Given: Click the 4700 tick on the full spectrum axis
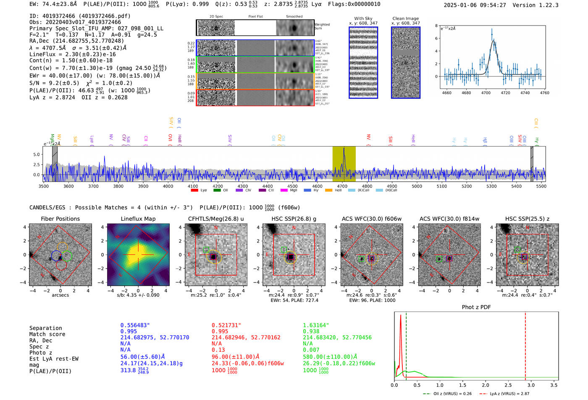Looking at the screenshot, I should click(x=342, y=186).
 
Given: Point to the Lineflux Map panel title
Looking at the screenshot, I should click(x=138, y=219).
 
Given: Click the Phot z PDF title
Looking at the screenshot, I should click(x=476, y=307).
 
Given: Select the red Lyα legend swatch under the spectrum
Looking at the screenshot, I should click(x=194, y=190).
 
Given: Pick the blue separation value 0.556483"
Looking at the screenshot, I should click(x=135, y=325).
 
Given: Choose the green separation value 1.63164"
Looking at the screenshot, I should click(x=316, y=325).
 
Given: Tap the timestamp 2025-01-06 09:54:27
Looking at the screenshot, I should click(x=475, y=5).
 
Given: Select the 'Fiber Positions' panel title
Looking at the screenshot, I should click(x=60, y=219).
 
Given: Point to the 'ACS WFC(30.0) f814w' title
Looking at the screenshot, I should click(x=449, y=219).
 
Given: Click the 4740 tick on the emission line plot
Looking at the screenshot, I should click(x=525, y=93).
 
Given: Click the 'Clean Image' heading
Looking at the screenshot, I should click(x=405, y=18).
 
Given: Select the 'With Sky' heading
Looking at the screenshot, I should click(x=363, y=18).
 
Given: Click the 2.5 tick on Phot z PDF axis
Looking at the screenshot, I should click(x=508, y=385).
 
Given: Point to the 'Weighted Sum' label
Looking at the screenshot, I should click(x=322, y=26).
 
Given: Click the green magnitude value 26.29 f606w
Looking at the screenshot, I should click(x=339, y=363).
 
